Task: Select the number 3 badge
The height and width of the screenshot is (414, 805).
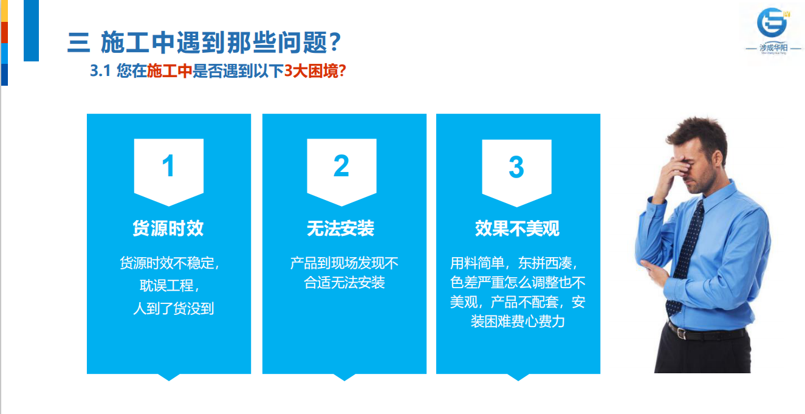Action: coord(516,173)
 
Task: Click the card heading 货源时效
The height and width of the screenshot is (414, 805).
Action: coord(168,228)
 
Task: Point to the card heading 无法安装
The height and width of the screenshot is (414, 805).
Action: coord(341,228)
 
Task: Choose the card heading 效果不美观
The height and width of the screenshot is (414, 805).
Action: coord(517,228)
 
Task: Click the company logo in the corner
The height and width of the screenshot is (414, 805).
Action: coord(773,30)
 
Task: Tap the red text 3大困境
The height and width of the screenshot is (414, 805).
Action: coord(315,71)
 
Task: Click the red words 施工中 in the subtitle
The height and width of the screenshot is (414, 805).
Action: coord(170,71)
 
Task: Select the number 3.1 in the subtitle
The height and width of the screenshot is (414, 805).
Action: coord(100,71)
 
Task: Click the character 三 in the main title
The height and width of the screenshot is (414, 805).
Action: coord(78,43)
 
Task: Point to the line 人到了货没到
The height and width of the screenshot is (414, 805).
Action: coord(174,308)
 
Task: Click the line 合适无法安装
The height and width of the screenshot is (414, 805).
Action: coord(344,282)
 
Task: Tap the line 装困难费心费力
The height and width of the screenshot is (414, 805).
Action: coord(518,321)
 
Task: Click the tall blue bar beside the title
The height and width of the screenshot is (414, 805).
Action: coord(31,30)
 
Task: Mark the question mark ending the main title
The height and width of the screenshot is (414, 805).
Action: coord(335,42)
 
